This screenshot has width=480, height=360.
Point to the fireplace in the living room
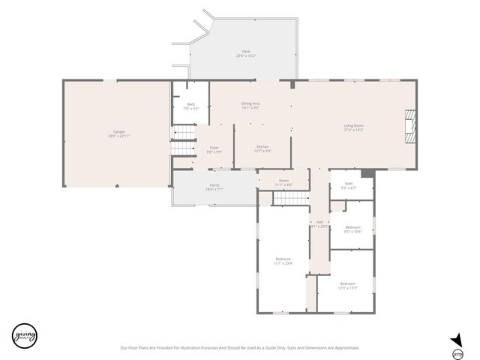point(409,125)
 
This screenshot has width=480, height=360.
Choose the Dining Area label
point(250,105)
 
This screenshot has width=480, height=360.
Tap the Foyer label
point(214,149)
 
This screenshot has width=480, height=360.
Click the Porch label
point(214,187)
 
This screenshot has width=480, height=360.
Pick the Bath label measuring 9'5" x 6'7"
point(349,185)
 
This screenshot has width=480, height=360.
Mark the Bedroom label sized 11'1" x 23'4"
point(283,261)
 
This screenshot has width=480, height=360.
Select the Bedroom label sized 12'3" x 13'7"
point(346,285)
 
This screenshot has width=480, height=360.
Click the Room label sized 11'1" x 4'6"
point(283,182)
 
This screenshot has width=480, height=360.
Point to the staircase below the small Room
point(290,198)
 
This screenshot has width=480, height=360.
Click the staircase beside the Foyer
point(183,141)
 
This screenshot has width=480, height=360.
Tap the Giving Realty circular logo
point(24,334)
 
